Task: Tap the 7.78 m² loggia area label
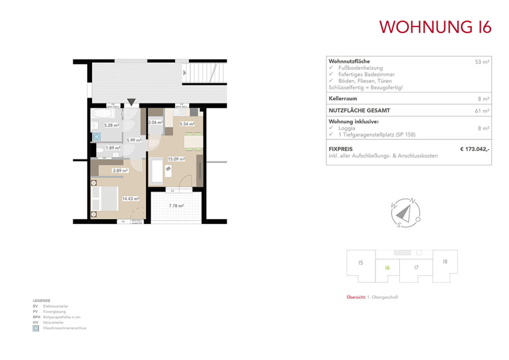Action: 176,205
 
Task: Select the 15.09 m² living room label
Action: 176,159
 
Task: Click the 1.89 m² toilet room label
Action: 112,148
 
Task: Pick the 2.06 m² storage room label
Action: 156,122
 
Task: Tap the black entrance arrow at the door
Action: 131,102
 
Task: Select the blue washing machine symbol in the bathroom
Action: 97,135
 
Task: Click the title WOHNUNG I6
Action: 435,27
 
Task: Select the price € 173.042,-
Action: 475,148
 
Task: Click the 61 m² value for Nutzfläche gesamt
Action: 482,111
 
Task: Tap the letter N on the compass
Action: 413,201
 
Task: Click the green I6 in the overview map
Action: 387,268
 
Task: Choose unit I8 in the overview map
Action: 445,261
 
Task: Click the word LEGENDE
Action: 41,301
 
